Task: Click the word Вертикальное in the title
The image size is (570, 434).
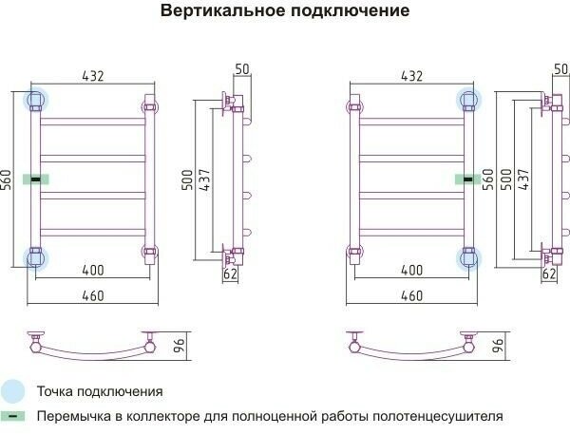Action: click(x=216, y=12)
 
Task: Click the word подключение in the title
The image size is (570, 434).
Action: click(x=343, y=12)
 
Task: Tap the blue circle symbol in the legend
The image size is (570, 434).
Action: click(x=13, y=390)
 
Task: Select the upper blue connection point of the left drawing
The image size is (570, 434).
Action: click(x=36, y=100)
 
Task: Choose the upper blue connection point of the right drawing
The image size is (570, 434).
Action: click(x=467, y=100)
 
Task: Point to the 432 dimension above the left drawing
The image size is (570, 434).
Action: click(x=92, y=76)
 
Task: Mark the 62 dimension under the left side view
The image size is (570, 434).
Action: click(x=229, y=274)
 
